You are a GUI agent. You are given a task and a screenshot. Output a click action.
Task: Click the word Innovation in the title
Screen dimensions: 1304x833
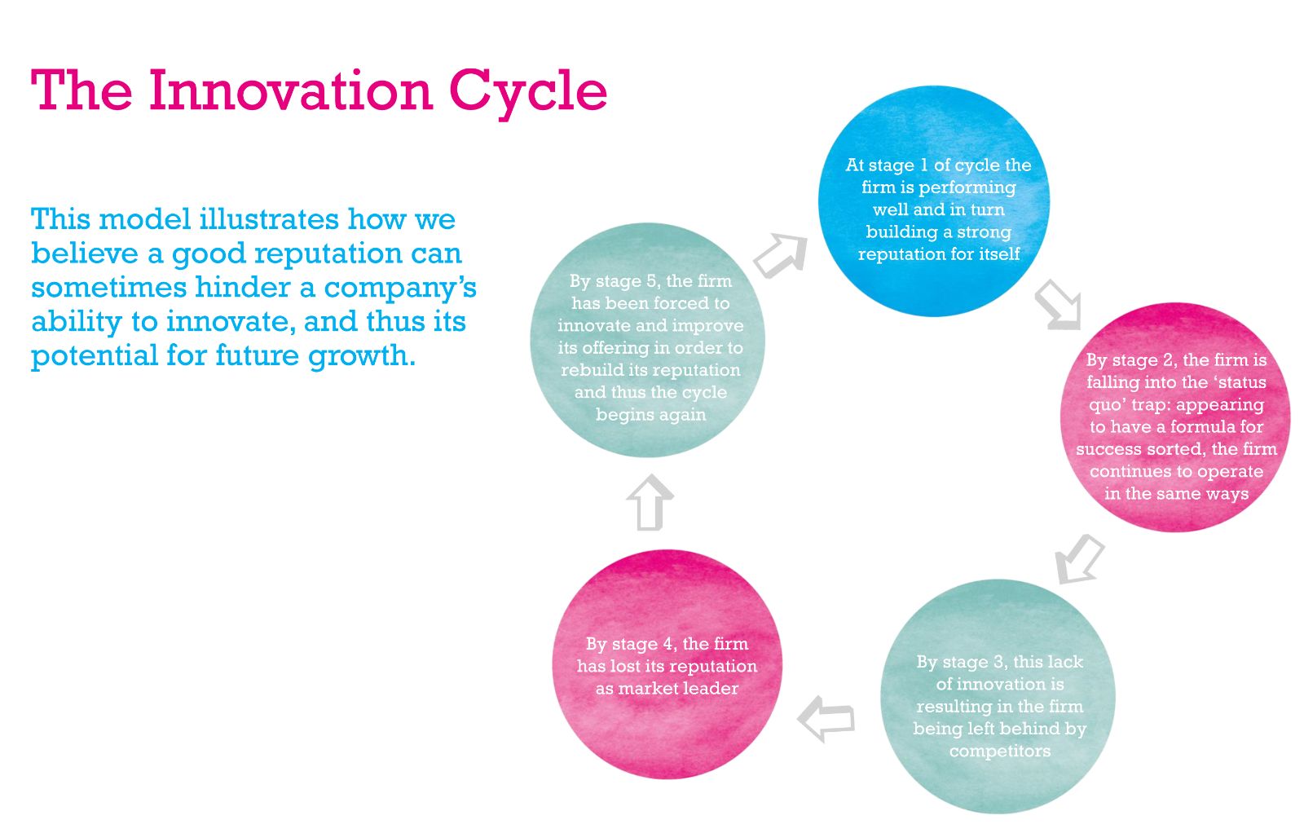click(291, 90)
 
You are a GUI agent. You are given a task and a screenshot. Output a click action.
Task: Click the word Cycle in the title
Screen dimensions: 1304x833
click(528, 95)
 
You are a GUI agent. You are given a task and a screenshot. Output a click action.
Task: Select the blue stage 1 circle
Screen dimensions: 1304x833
click(934, 201)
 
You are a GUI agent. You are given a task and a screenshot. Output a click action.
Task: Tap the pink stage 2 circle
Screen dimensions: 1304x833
click(1175, 416)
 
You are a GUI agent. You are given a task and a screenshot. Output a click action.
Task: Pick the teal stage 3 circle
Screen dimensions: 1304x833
click(998, 696)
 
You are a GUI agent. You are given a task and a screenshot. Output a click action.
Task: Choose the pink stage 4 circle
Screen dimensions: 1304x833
click(667, 664)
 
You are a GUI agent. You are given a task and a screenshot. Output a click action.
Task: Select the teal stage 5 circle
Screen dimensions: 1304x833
click(647, 340)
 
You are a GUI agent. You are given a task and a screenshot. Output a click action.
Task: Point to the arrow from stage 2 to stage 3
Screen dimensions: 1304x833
click(1080, 559)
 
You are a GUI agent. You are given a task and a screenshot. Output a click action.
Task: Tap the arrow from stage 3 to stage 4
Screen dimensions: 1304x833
click(826, 719)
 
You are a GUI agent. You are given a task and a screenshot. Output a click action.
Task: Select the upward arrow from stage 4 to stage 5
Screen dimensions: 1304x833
click(650, 503)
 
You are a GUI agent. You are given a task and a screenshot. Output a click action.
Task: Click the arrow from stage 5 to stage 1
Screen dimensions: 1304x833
click(782, 255)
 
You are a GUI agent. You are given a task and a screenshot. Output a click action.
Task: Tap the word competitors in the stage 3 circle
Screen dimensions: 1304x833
click(999, 751)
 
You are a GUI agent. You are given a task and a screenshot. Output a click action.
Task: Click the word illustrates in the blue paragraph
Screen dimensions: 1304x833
click(269, 219)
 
